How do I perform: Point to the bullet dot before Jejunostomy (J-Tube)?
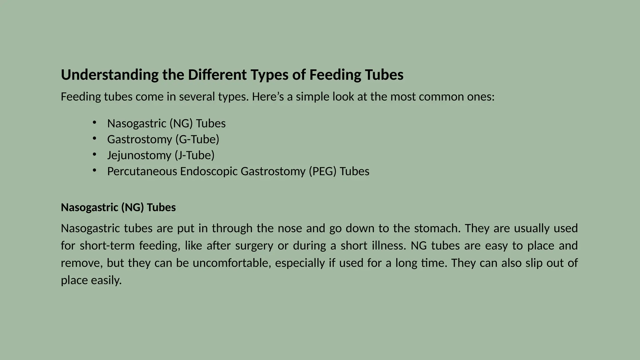94,154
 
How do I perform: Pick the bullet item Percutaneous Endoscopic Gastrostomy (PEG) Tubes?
238,171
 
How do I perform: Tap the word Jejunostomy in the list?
139,155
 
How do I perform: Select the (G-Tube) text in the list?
197,139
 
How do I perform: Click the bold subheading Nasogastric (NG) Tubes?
118,207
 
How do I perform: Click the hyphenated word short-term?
107,246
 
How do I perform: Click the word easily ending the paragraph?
106,280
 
